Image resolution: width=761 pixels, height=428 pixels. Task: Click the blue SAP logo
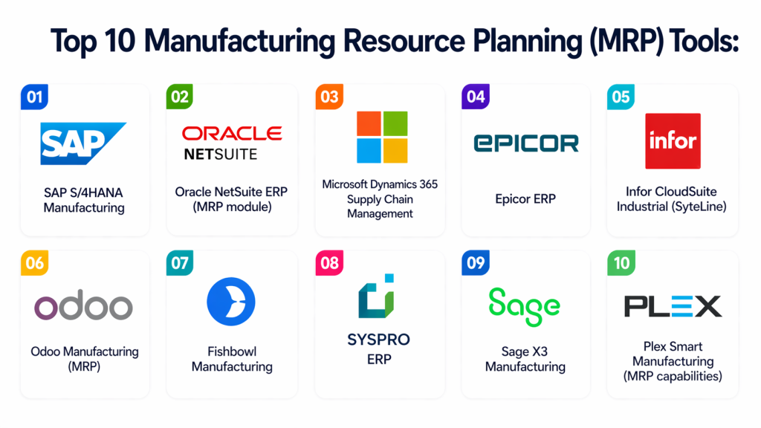click(x=82, y=143)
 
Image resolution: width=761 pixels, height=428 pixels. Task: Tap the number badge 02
click(x=180, y=97)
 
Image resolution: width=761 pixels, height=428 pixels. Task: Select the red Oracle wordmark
click(x=232, y=134)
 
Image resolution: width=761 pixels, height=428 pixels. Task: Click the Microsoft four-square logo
click(x=382, y=137)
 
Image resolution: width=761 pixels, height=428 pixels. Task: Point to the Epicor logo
click(x=526, y=143)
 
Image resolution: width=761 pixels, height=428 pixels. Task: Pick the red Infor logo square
click(x=673, y=141)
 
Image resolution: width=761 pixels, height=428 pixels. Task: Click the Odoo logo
click(x=83, y=305)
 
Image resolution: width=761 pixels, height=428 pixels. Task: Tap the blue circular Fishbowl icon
click(x=231, y=302)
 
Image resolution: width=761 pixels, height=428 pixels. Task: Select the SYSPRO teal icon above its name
click(x=376, y=296)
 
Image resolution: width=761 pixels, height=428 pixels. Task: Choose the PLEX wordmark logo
click(x=673, y=306)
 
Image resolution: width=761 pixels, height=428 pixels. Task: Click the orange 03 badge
click(x=329, y=97)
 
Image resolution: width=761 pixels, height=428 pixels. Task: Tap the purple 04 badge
click(x=476, y=97)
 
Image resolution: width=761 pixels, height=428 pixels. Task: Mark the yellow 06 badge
click(x=34, y=263)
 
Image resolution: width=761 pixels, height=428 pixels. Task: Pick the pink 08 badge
click(x=329, y=263)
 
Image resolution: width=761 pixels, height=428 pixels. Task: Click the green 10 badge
click(x=621, y=263)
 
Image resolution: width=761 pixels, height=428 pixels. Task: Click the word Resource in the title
click(x=404, y=41)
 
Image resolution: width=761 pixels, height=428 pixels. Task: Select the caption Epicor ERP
click(x=525, y=199)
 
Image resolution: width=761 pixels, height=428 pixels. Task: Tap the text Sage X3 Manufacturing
click(x=525, y=359)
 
